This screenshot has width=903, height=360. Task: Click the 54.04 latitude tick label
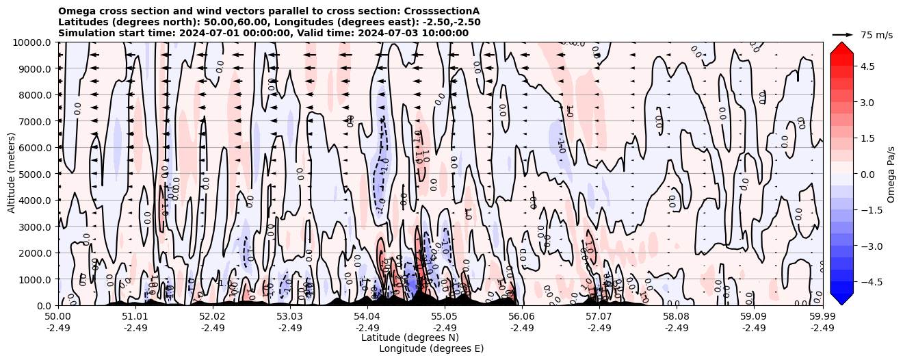(367, 317)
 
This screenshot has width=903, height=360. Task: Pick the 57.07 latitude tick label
(599, 317)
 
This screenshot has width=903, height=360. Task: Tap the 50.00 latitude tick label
(58, 317)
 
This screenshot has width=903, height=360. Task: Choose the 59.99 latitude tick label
(822, 317)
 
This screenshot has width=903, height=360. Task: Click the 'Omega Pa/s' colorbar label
(891, 174)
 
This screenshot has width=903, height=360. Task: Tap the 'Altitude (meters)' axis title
(12, 174)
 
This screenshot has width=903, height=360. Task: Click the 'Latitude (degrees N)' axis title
(410, 337)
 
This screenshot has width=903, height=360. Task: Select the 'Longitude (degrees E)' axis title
(431, 348)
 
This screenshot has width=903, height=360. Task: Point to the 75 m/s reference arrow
(843, 34)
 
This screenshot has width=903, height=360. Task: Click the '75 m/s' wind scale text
(876, 35)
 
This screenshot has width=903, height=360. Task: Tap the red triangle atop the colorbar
(841, 47)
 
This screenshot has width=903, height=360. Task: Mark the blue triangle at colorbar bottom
(841, 299)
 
